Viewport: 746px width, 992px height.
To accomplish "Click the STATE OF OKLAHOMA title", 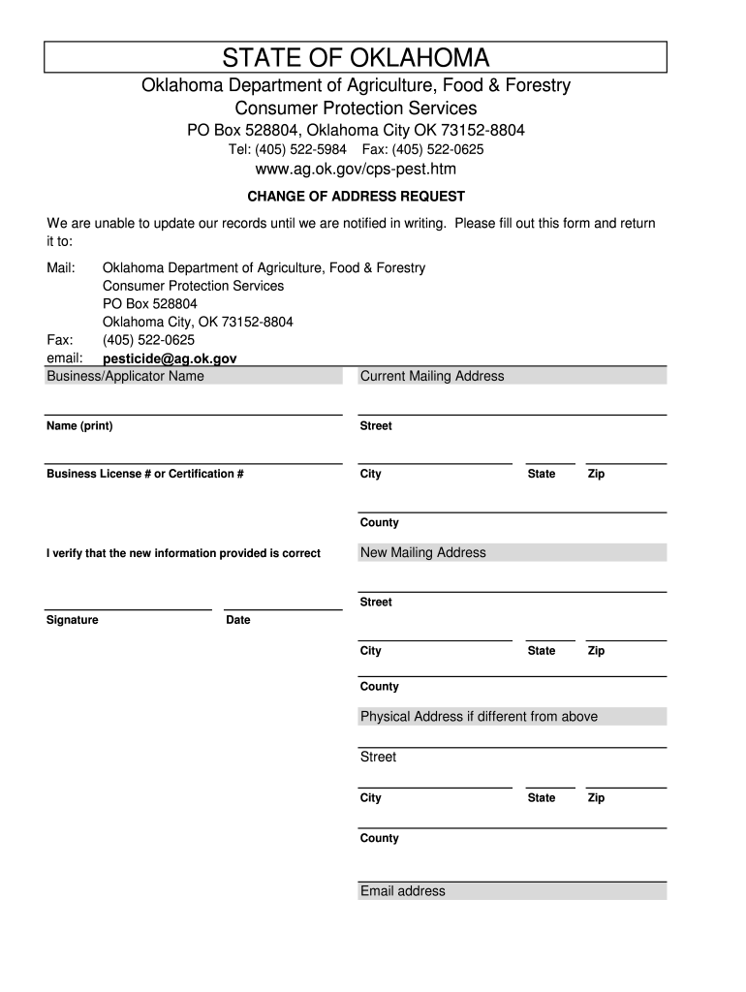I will point(357,57).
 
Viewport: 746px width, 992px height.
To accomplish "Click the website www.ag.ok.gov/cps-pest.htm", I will point(356,170).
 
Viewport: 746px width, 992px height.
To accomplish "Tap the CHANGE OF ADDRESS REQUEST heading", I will point(357,197).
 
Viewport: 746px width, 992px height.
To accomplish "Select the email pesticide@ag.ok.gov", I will point(170,358).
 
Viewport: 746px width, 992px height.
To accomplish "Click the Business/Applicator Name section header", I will point(125,376).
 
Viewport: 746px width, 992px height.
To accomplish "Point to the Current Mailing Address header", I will point(432,376).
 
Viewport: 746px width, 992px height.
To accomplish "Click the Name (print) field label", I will point(79,426).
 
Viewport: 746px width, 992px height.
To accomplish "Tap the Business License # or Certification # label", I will point(144,474).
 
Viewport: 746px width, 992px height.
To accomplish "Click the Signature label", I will point(72,620).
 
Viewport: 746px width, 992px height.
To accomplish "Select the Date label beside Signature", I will point(238,620).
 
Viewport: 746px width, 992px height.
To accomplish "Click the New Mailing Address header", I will point(423,552).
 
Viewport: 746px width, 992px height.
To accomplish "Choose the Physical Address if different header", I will point(479,717).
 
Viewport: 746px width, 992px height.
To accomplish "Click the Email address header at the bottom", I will point(403,891).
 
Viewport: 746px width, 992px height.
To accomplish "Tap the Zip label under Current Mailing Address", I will point(596,474).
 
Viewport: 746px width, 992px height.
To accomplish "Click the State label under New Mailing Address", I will point(542,651).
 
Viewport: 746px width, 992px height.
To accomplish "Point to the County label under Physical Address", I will point(379,838).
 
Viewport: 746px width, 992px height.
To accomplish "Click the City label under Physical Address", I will point(371,798).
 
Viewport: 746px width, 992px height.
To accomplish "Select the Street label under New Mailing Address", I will point(376,603).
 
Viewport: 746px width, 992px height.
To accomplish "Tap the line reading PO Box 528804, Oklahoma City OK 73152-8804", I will point(357,131).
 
